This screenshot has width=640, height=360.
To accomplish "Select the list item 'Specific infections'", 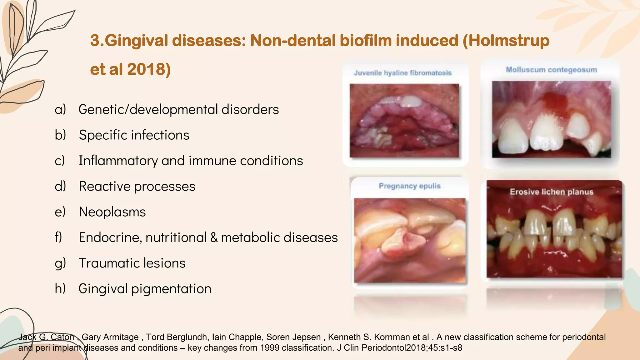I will [134, 135].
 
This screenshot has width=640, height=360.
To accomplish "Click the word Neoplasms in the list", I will [112, 212].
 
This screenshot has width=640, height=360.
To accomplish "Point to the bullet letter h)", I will [60, 288].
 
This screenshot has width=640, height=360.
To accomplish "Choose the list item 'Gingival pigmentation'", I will [145, 289].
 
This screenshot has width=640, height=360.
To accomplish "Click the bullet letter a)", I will [60, 109].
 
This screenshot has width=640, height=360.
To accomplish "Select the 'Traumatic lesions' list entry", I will [132, 263].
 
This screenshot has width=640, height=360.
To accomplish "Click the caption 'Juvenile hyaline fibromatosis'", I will [403, 73].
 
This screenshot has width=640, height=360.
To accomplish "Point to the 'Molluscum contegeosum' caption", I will [551, 70].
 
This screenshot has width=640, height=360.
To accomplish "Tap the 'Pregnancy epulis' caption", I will [410, 186].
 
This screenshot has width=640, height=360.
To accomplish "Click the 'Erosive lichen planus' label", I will [552, 192].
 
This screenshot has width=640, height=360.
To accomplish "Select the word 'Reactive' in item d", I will [104, 186].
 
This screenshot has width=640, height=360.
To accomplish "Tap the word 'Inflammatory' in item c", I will [118, 161].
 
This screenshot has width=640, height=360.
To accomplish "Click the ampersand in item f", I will [214, 237].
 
